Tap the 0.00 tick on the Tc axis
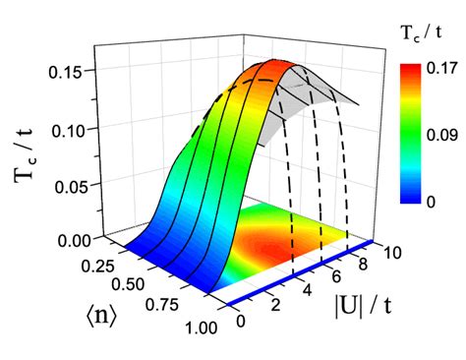click(76, 239)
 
